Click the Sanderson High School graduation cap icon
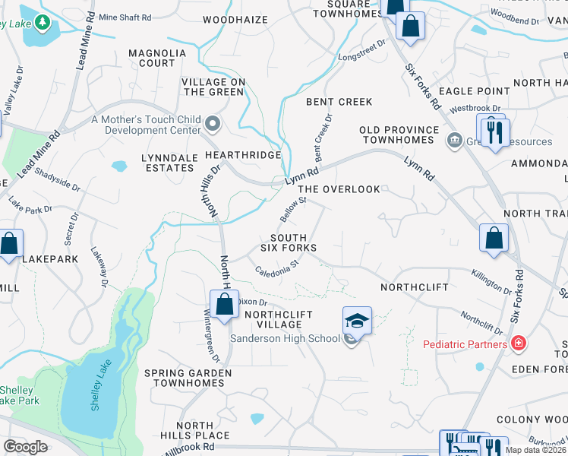[x=357, y=319]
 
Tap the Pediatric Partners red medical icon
[x=519, y=344]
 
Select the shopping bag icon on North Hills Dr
[x=226, y=304]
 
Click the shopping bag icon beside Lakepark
[x=9, y=245]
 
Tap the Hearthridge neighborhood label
[x=243, y=154]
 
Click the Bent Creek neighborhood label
[x=339, y=102]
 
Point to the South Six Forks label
[x=289, y=242]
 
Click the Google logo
[x=25, y=447]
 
